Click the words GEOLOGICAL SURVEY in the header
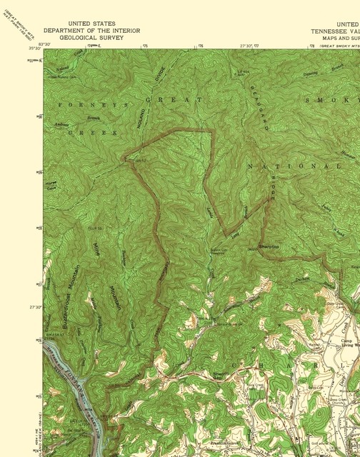[x=91, y=38]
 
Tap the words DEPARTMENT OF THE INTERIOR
[x=91, y=31]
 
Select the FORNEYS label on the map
[x=81, y=104]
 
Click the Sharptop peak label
[x=266, y=245]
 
